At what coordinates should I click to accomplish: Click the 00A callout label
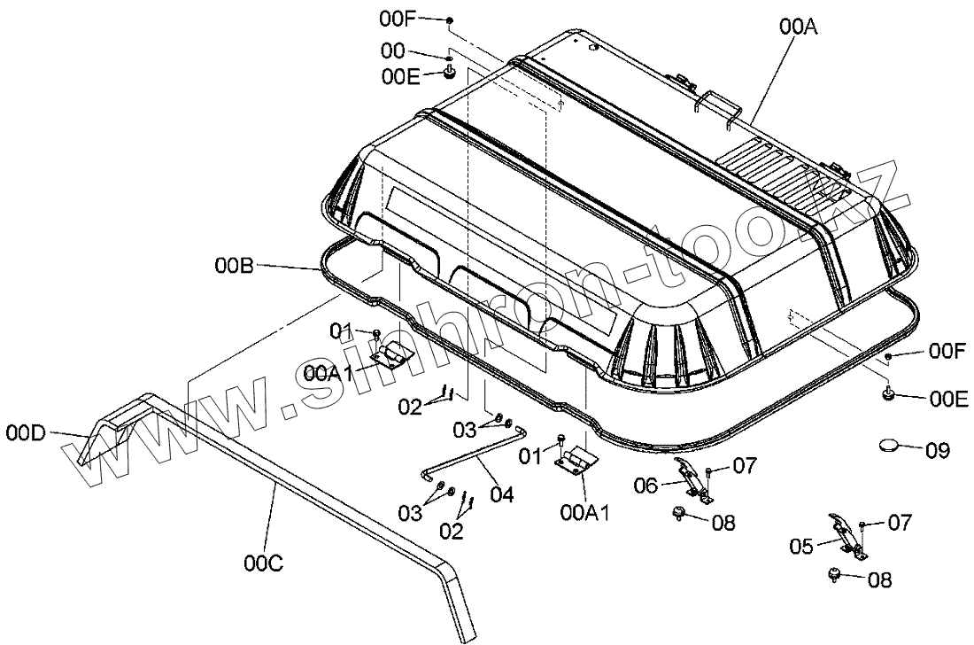click(x=798, y=27)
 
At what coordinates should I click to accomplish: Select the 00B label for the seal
click(x=233, y=265)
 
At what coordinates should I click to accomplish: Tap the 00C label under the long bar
click(x=264, y=562)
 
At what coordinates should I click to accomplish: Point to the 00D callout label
click(x=25, y=433)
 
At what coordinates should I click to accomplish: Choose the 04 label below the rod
click(x=501, y=494)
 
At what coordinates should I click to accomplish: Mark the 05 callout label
click(x=801, y=547)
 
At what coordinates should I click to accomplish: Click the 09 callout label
click(x=937, y=452)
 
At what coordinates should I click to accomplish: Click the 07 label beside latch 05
click(x=900, y=524)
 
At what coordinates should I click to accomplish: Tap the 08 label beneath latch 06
click(x=723, y=523)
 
